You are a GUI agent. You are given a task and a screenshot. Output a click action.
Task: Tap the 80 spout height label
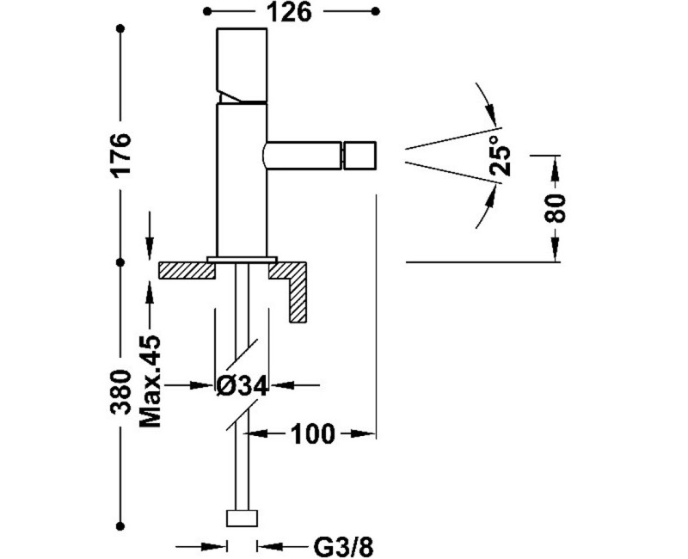[x=556, y=208]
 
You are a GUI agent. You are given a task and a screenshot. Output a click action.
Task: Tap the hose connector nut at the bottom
[x=242, y=518]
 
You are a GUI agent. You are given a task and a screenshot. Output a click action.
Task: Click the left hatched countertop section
[x=186, y=270]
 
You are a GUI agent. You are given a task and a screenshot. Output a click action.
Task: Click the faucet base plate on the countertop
[x=242, y=258]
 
